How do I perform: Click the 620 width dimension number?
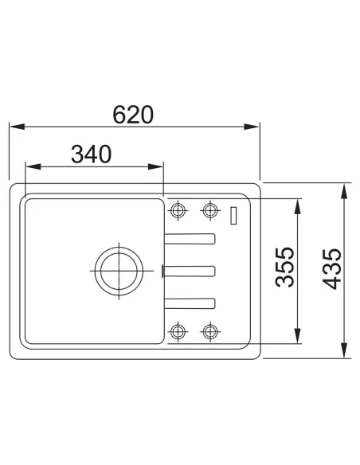tap(133, 115)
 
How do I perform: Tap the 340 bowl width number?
tap(92, 154)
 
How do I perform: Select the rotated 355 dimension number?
tap(284, 268)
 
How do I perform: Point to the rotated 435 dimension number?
tap(332, 268)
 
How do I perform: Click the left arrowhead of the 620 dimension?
tap(18, 127)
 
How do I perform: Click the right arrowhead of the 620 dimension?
tap(252, 127)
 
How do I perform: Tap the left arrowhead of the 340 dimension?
tap(33, 166)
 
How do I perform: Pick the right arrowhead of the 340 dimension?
tap(155, 166)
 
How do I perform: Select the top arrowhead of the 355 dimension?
tap(297, 206)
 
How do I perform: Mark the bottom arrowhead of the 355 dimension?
tap(297, 336)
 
